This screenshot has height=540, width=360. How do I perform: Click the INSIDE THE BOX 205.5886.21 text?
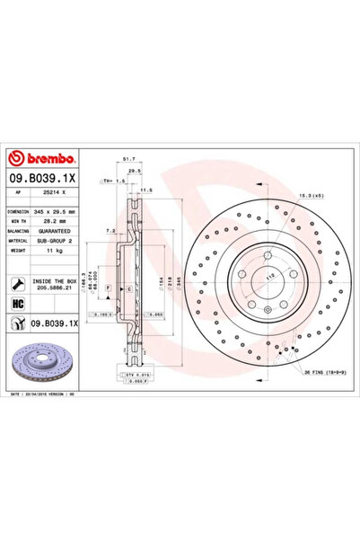(x=58, y=285)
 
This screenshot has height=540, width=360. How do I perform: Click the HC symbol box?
(x=18, y=303)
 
